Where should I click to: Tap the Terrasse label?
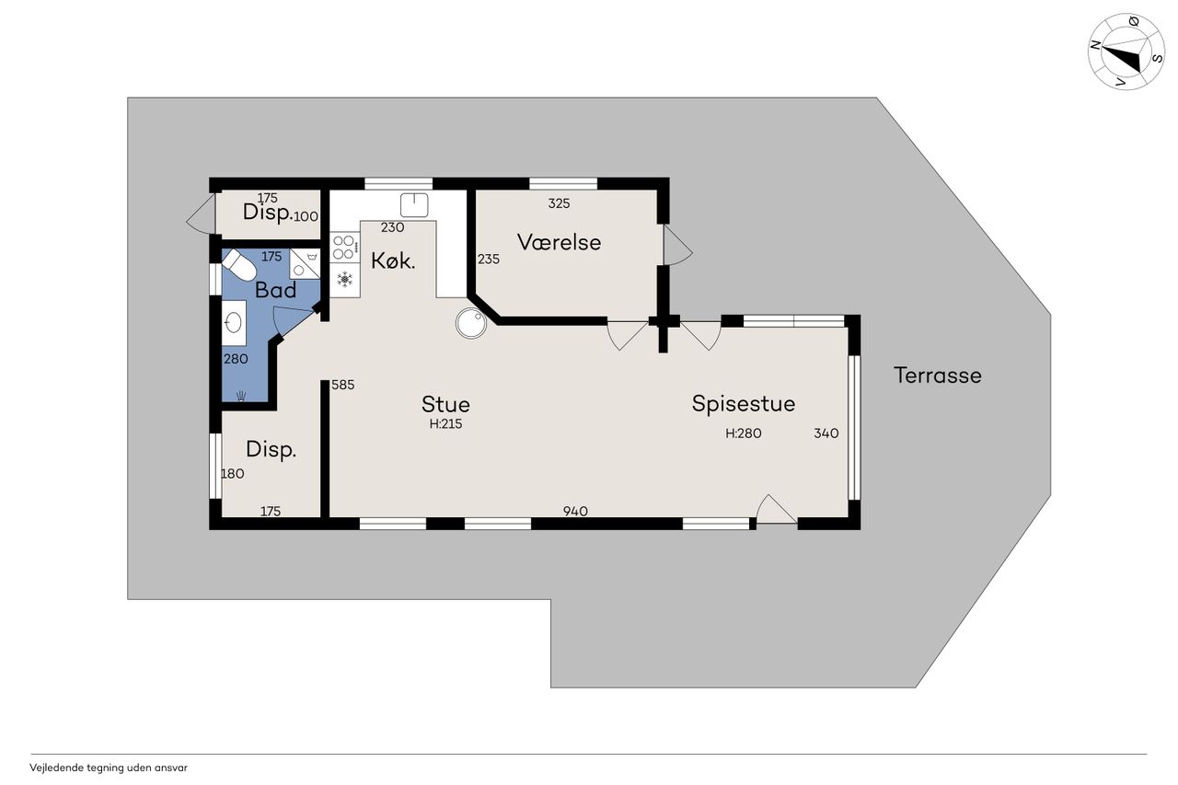coord(938,375)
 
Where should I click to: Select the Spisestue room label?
coord(743,404)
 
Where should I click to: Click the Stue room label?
coord(445,404)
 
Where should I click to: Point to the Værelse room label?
coord(559,242)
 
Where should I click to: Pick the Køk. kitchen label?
coord(393,260)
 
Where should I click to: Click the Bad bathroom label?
coord(275,290)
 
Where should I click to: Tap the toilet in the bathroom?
coord(239,265)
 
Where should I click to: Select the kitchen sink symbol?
coord(414,205)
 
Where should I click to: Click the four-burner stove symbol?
coord(344,248)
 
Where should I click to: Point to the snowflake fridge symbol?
coord(344,279)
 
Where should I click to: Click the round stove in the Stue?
coord(471,323)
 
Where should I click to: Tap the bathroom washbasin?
coord(234,322)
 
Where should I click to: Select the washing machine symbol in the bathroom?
coord(305,263)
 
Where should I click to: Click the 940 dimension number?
coord(575,511)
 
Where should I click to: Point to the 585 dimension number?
coord(343,385)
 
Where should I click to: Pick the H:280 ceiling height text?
coord(743,433)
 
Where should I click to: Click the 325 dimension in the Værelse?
coord(559,203)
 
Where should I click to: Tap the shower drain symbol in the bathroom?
coord(241,396)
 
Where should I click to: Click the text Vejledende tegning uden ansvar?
coord(109,768)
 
